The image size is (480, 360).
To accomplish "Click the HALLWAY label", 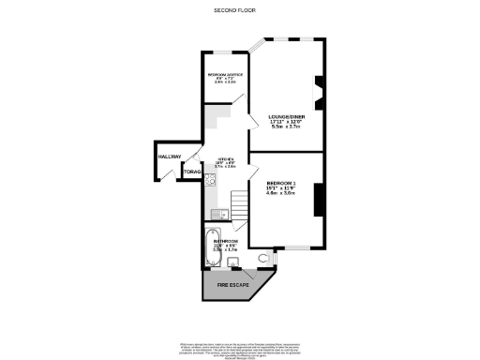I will point(170,157).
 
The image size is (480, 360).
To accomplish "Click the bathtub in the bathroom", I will point(212,250).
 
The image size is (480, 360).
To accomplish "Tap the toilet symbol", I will point(262,257).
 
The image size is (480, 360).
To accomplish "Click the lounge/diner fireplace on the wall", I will point(319,88).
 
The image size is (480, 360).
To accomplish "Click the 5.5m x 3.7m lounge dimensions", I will point(286,128).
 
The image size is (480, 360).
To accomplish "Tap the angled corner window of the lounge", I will point(259,45).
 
